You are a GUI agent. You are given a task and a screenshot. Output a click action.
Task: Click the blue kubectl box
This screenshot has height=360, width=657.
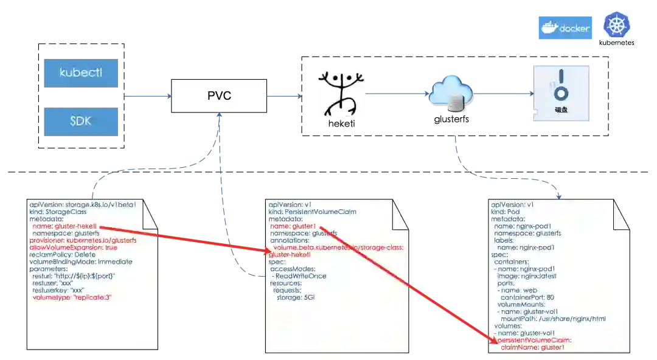[x=82, y=73]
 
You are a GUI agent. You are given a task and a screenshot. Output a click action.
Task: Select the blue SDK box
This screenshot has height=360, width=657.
[x=82, y=121]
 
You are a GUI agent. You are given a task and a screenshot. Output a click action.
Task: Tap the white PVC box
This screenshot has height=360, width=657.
[x=219, y=95]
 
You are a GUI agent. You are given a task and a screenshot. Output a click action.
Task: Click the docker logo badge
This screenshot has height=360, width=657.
[x=565, y=29]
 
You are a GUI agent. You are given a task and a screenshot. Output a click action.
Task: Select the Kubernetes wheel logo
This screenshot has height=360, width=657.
[x=616, y=26]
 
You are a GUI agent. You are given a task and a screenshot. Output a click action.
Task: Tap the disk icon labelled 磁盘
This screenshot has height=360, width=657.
[x=562, y=91]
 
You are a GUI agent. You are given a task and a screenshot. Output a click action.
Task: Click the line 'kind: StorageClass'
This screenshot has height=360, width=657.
[x=61, y=212]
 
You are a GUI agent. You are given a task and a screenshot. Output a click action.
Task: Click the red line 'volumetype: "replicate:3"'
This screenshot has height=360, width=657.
[x=73, y=297]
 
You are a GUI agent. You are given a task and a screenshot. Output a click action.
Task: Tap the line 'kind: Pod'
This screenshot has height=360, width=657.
[x=506, y=212]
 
